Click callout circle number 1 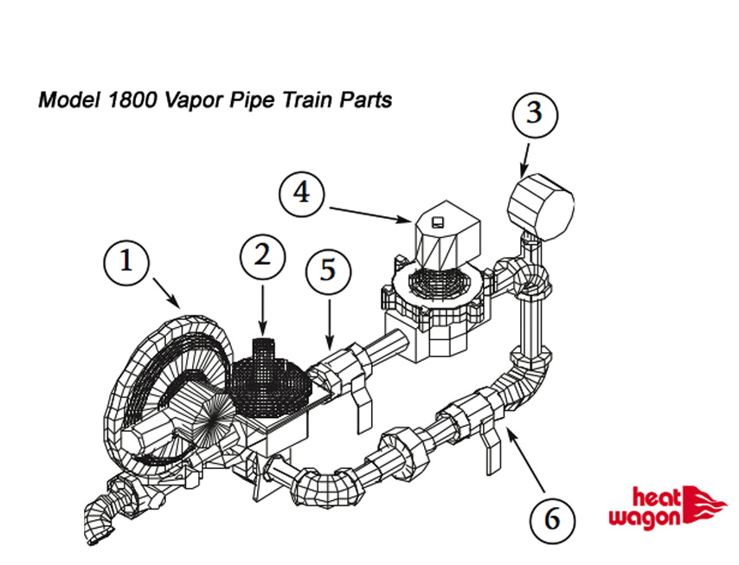[126, 261]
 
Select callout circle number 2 [262, 254]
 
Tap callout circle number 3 [535, 114]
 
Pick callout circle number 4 [301, 192]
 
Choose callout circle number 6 [551, 520]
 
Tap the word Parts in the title [364, 100]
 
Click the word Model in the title [68, 100]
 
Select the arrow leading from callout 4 [368, 212]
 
